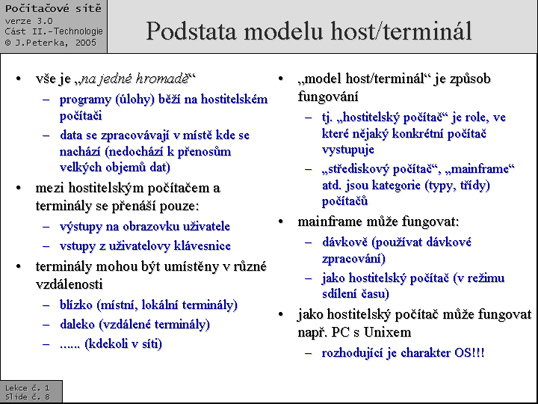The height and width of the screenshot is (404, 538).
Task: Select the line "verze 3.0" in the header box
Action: (28, 21)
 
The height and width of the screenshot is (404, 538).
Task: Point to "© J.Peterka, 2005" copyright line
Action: (50, 43)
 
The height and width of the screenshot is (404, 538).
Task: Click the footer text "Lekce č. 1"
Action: (27, 388)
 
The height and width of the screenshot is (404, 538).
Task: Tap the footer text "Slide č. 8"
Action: (27, 397)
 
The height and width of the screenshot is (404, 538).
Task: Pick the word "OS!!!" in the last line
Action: (469, 352)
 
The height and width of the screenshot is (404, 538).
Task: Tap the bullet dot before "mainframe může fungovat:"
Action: (282, 222)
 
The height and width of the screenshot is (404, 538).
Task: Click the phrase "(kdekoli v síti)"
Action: (123, 344)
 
